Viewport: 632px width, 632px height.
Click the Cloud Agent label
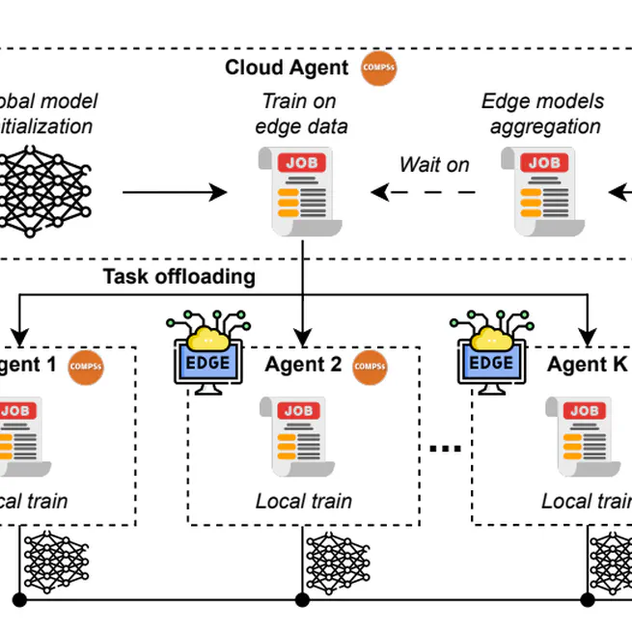(x=287, y=68)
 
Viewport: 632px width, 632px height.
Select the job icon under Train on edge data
(x=303, y=190)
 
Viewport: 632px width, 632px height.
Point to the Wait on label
(x=434, y=164)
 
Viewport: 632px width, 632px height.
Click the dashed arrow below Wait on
(x=425, y=193)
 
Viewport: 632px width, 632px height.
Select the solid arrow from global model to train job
(x=175, y=193)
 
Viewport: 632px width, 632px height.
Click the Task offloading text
(x=179, y=278)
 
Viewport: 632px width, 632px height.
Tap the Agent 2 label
(x=303, y=365)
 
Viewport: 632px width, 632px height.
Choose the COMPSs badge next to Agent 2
(x=371, y=366)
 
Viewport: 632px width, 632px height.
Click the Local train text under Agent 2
(x=303, y=502)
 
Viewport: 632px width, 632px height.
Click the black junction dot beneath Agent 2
(x=302, y=600)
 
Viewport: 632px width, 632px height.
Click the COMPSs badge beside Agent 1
(x=85, y=366)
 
